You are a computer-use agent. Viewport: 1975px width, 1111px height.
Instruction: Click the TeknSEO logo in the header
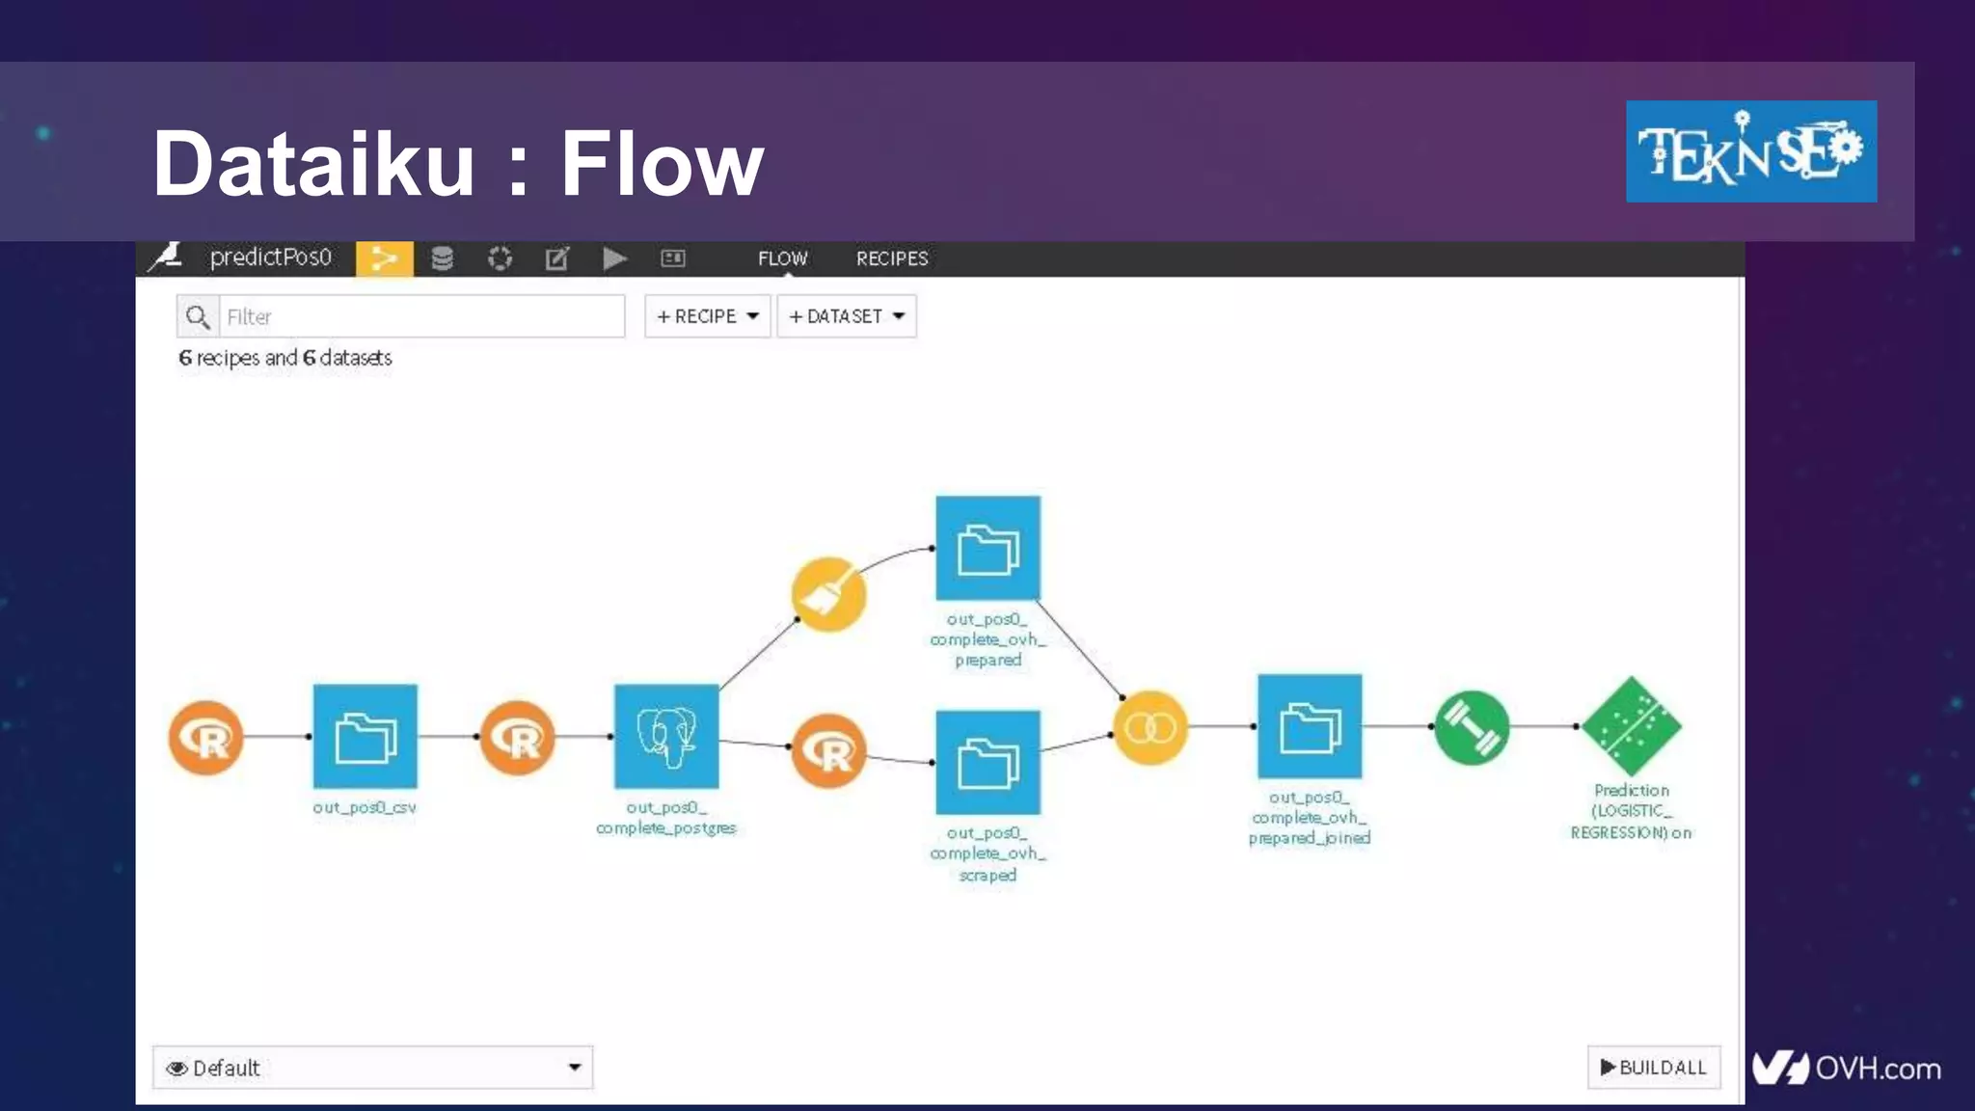point(1750,151)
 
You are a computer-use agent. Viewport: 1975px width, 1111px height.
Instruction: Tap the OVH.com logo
point(1846,1068)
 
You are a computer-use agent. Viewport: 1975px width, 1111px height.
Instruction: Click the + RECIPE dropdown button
point(707,316)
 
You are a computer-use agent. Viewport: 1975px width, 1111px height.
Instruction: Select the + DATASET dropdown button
point(846,316)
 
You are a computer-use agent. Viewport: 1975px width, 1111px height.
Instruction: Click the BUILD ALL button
point(1653,1067)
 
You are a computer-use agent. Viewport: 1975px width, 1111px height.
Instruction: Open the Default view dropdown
point(372,1068)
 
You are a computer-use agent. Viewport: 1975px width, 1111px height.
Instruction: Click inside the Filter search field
point(421,316)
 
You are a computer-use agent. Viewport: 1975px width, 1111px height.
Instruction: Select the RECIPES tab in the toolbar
point(892,258)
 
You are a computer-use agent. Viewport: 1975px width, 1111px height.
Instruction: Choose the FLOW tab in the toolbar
point(782,258)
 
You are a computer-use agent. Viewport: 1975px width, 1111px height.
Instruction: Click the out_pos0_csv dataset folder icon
point(365,737)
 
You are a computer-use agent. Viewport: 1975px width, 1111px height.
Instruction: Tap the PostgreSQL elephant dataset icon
point(666,737)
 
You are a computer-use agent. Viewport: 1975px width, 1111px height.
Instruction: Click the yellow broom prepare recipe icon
point(828,594)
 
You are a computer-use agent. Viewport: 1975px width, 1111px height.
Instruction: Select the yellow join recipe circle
point(1150,727)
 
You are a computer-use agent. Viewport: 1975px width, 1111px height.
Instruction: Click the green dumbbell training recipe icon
point(1472,728)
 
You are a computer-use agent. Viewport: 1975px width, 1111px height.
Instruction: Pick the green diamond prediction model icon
point(1632,726)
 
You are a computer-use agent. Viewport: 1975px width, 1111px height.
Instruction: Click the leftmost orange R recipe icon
point(205,738)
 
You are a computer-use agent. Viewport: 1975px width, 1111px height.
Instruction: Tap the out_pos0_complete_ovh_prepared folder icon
point(987,549)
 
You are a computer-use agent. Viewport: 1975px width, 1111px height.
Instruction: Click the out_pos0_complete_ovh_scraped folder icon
point(987,763)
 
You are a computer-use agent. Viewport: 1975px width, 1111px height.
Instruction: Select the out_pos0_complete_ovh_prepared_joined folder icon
point(1310,726)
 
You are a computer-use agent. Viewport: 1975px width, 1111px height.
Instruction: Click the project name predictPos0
point(270,257)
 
